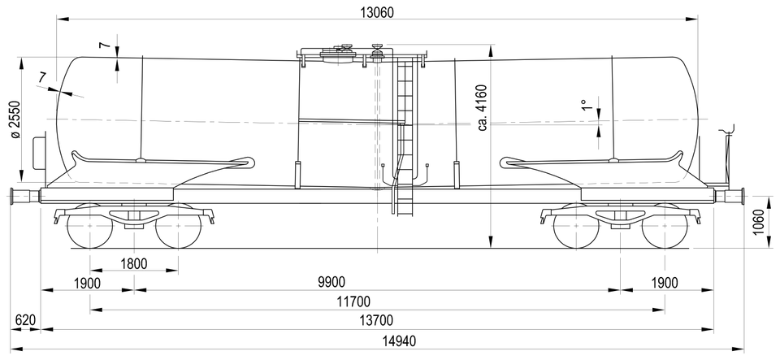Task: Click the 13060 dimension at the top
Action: (376, 12)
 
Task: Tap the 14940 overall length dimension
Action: (400, 341)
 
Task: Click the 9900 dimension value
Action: (331, 283)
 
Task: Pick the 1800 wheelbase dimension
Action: (134, 263)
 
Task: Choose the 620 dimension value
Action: (25, 319)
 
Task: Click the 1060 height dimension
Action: (758, 223)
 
